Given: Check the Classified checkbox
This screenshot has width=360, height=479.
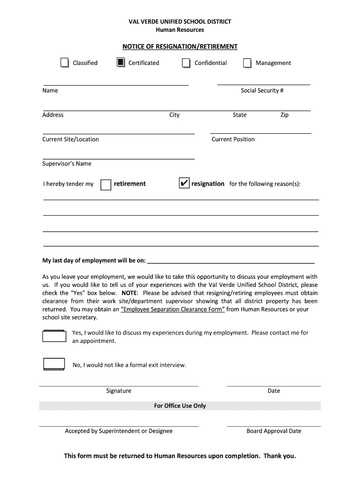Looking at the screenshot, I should (65, 63).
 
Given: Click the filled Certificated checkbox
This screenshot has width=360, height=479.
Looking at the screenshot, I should (120, 63).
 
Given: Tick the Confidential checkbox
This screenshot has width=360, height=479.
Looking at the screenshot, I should (186, 63).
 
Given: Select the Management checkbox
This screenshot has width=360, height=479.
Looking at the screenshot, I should (247, 63).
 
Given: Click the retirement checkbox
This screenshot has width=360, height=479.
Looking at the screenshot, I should (106, 184).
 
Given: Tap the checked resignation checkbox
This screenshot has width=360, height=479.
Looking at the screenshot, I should (184, 183).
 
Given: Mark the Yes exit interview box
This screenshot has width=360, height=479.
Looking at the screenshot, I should (54, 336).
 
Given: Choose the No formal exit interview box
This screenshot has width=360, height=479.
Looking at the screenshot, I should (54, 364).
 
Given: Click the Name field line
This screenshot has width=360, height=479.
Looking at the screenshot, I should (115, 85).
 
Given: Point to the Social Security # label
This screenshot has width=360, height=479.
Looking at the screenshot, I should (262, 91).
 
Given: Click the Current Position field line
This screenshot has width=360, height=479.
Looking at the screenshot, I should (260, 133).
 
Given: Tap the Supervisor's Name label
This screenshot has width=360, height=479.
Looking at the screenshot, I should (67, 164).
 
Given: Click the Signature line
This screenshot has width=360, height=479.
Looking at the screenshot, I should (119, 386).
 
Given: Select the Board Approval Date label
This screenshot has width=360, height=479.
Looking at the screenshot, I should (274, 431).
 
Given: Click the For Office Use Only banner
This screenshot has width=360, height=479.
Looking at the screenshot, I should (180, 406).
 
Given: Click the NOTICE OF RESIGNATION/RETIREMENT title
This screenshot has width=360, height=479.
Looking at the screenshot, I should (180, 47).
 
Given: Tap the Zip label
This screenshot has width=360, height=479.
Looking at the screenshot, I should (284, 115).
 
